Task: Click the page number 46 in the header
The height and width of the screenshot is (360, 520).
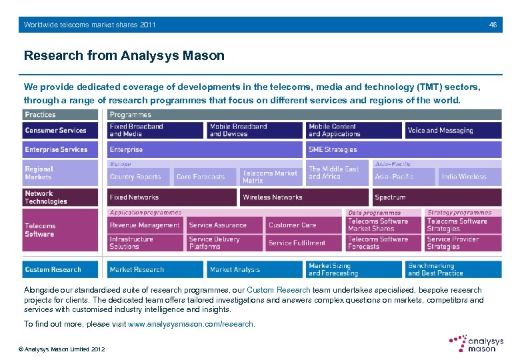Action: (x=493, y=25)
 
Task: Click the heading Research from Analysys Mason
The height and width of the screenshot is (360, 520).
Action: (x=124, y=56)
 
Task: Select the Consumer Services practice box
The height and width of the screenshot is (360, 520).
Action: (x=61, y=131)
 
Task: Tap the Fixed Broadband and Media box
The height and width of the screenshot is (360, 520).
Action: (x=155, y=130)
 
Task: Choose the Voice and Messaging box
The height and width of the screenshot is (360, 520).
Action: (x=453, y=131)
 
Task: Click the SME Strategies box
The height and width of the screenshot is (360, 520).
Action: (x=353, y=150)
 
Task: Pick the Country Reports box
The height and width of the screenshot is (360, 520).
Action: (x=139, y=177)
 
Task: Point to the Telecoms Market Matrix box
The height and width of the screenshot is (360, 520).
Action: (x=271, y=177)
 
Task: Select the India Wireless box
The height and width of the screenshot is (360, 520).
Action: (x=469, y=177)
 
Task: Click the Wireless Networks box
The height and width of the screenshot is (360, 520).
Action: (x=303, y=197)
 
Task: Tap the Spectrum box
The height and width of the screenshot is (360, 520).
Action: (x=437, y=197)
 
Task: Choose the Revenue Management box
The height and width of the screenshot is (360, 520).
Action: (x=145, y=225)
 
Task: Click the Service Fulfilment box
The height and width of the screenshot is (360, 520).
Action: (x=304, y=243)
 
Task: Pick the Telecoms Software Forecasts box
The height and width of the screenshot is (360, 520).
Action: (x=383, y=243)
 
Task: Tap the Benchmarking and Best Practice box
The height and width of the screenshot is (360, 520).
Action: (x=453, y=269)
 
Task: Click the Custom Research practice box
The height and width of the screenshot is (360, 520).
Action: (x=61, y=269)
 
